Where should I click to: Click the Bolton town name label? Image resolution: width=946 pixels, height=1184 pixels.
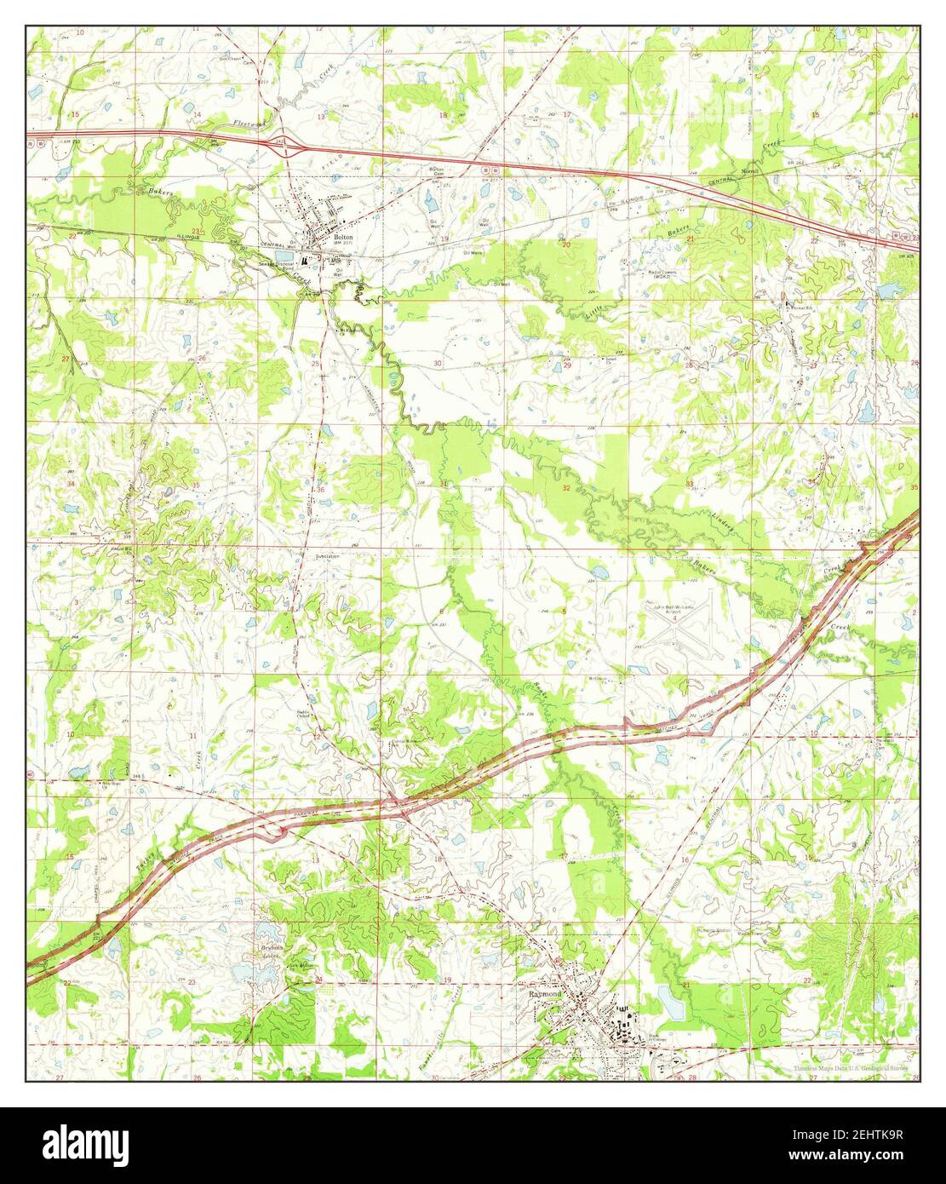(343, 238)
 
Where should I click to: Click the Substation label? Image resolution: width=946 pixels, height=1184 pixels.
(327, 556)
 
